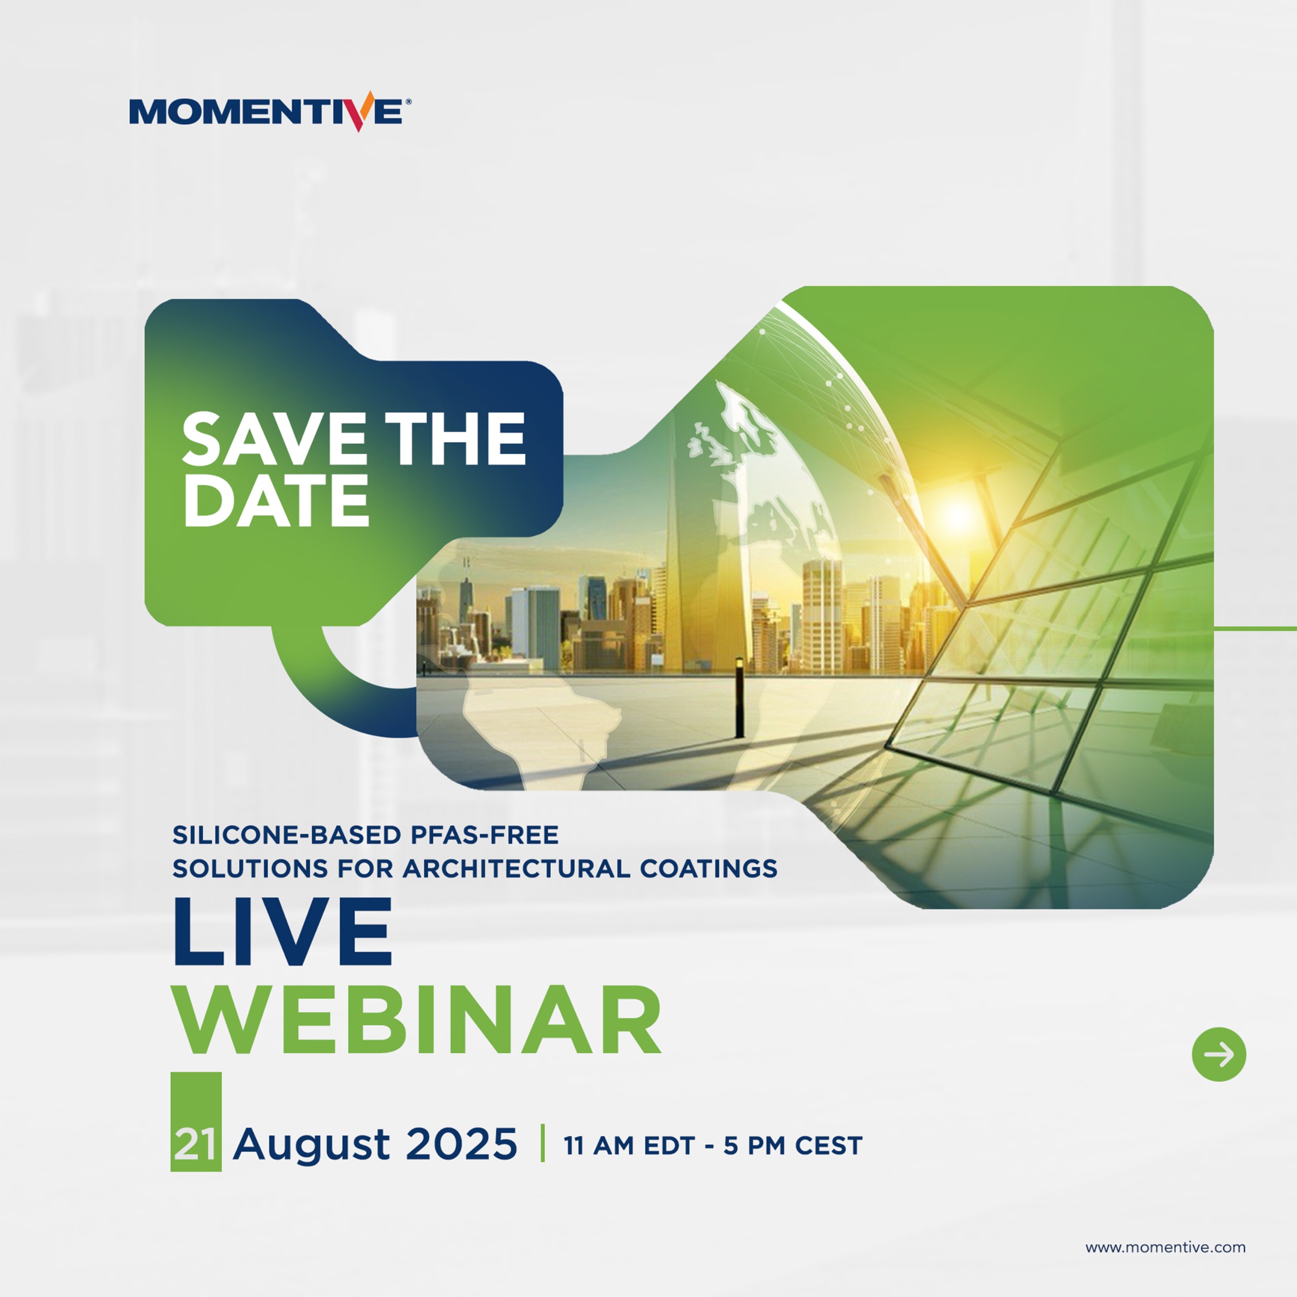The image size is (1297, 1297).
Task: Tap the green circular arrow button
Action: point(1218,1054)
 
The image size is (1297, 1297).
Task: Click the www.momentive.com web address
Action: point(1165,1247)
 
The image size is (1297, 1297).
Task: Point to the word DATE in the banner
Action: point(276,500)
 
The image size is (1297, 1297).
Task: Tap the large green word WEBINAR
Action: point(417,1022)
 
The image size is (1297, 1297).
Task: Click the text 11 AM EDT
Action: point(629,1146)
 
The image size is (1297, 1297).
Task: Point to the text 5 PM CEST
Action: point(793,1146)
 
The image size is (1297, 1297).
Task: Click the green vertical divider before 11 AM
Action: point(542,1142)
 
